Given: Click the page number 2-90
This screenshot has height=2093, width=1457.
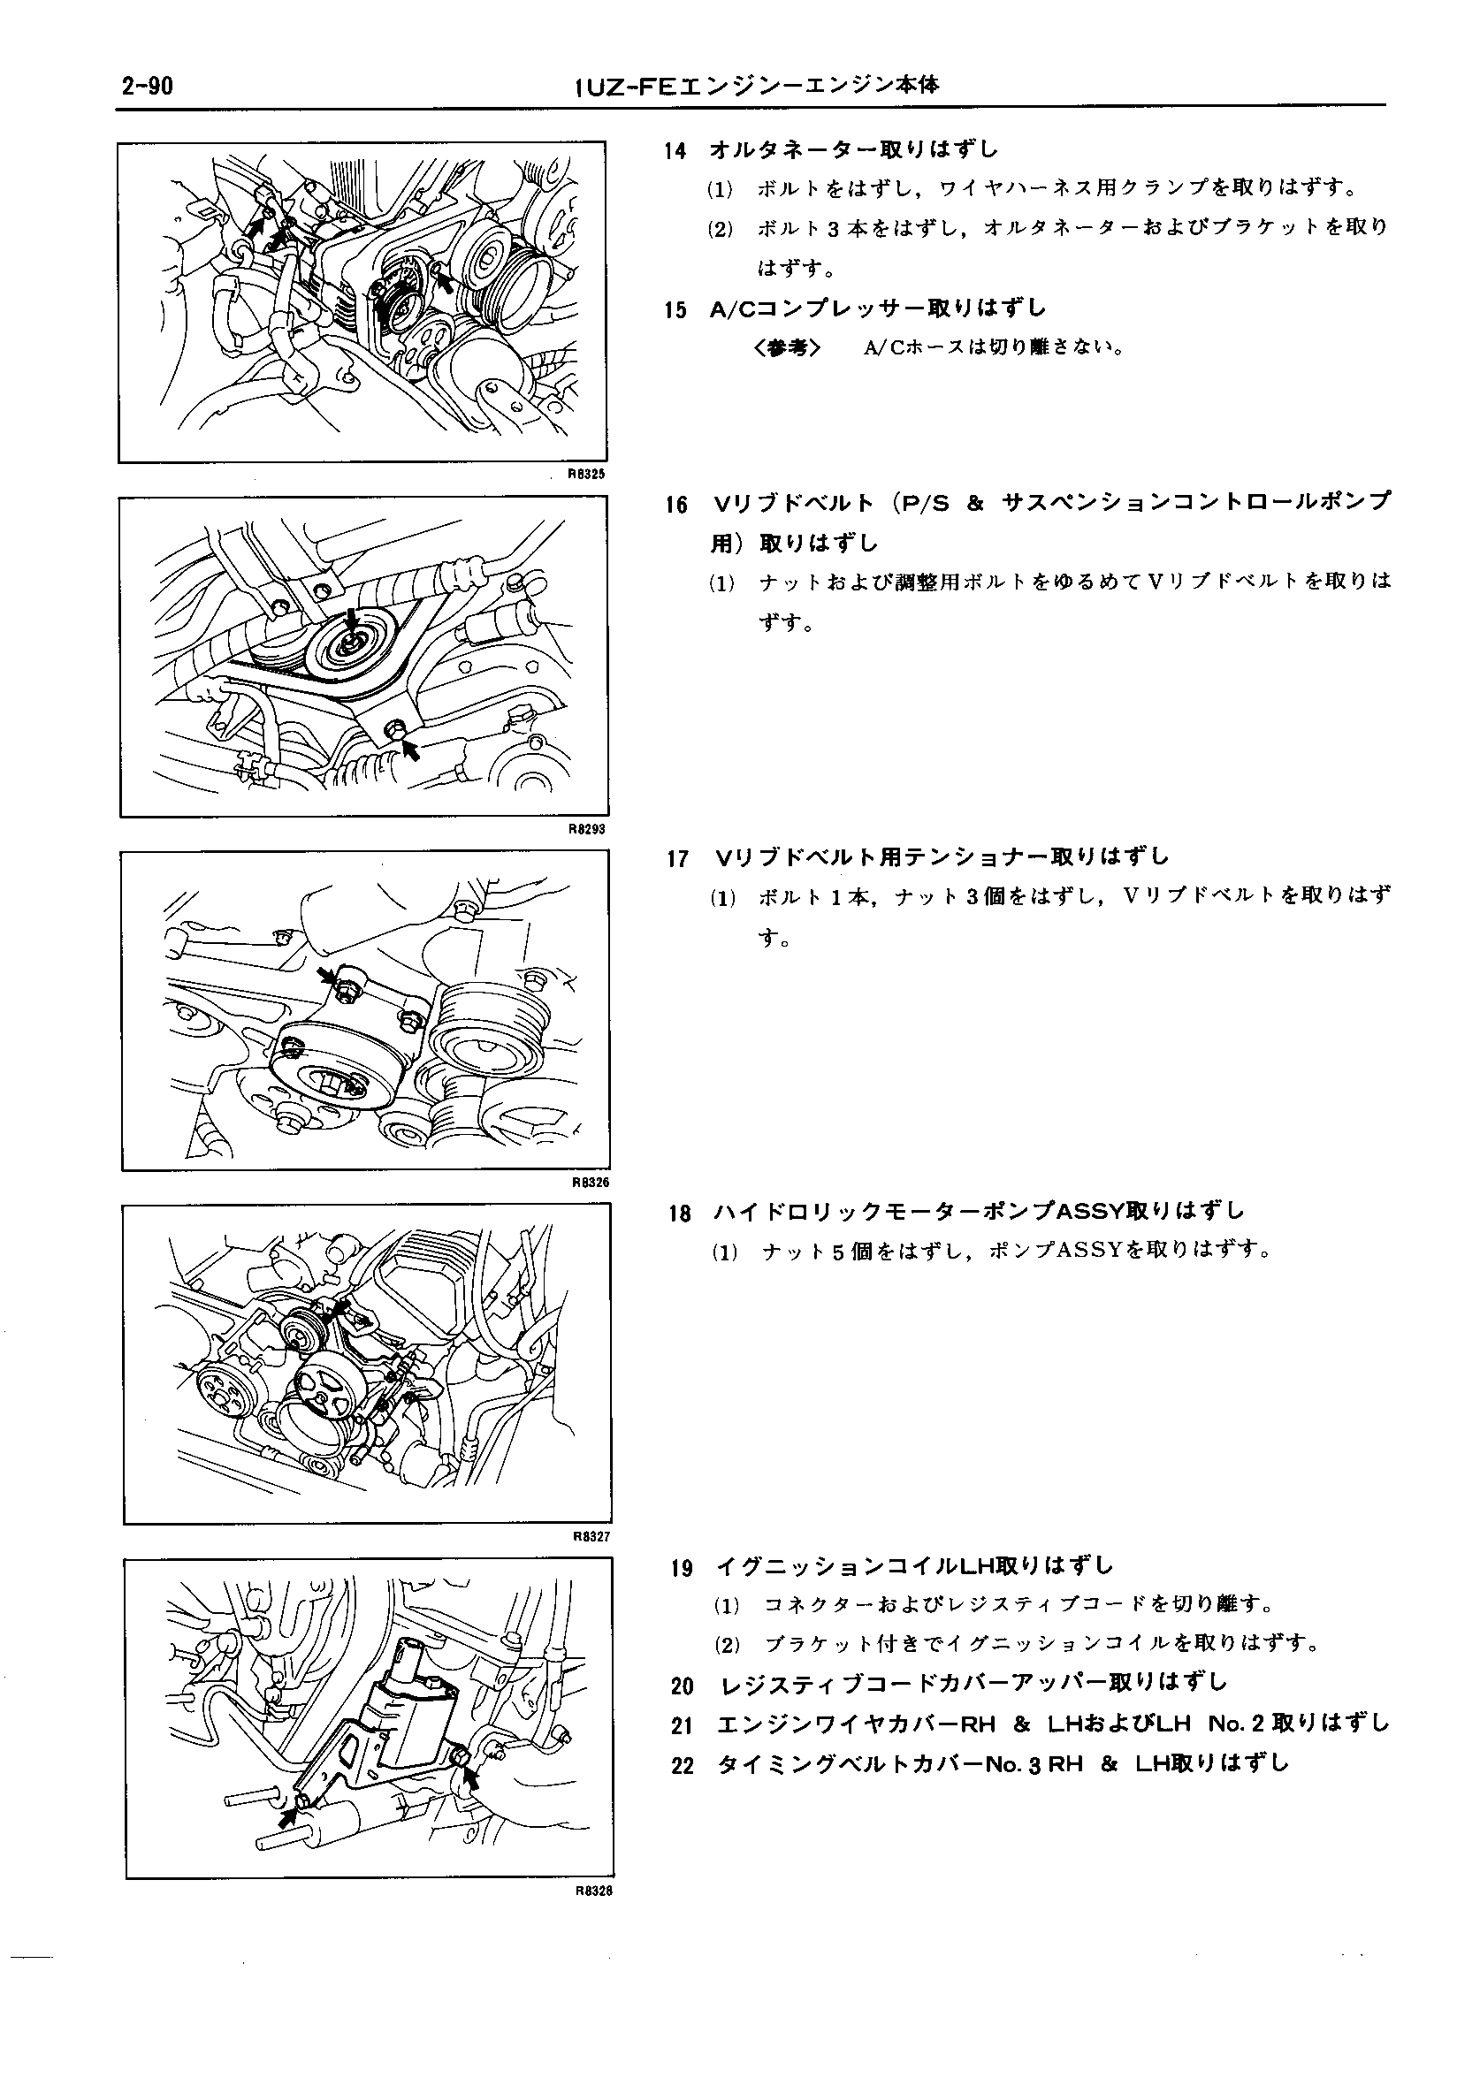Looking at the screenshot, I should (146, 86).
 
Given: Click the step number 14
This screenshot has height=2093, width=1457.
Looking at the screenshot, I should (675, 150).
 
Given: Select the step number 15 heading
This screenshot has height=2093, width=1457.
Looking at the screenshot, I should (675, 310).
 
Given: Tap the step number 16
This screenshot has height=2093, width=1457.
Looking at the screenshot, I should (676, 504).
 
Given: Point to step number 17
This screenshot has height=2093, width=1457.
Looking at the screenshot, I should (677, 858).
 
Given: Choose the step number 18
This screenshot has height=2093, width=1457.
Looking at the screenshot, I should (679, 1214).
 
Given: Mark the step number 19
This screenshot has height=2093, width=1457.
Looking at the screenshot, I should (681, 1568).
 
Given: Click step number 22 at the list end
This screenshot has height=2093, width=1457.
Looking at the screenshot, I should (683, 1766).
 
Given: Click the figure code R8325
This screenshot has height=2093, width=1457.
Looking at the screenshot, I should (586, 474).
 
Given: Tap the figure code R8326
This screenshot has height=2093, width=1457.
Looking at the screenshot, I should (589, 1183).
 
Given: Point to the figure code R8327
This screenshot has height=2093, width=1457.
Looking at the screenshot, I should (591, 1536).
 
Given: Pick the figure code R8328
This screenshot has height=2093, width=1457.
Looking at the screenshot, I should (592, 1890).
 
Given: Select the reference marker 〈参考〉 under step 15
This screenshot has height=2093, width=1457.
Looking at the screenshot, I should (788, 348).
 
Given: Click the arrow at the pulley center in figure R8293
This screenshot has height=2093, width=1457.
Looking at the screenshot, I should (352, 621).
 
